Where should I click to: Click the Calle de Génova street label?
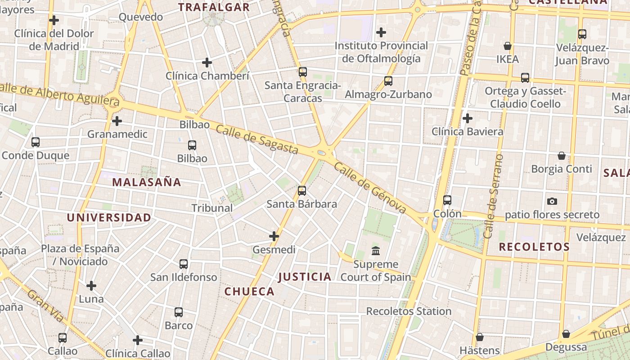[x=370, y=188]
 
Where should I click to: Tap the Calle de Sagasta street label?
[x=257, y=139]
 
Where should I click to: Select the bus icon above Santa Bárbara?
[x=302, y=191]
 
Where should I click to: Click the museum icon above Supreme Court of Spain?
[x=375, y=251]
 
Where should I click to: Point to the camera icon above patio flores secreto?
[x=552, y=201]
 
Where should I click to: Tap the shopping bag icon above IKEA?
[x=508, y=46]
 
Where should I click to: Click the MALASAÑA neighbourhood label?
[x=146, y=182]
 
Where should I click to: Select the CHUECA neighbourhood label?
[x=249, y=292]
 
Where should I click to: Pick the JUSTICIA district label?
[x=305, y=277]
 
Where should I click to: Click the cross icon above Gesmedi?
[x=274, y=236]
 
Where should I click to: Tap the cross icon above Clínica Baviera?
[x=468, y=118]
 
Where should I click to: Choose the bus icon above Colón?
[x=447, y=200]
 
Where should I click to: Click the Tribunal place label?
[x=212, y=208]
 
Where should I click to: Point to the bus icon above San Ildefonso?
[x=184, y=264]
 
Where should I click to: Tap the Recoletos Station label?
[x=409, y=311]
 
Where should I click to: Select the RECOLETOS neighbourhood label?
[x=534, y=247]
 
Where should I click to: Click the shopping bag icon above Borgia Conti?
[x=562, y=156]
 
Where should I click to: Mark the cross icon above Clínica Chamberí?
[x=207, y=63]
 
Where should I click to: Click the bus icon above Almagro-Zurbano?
[x=388, y=81]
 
